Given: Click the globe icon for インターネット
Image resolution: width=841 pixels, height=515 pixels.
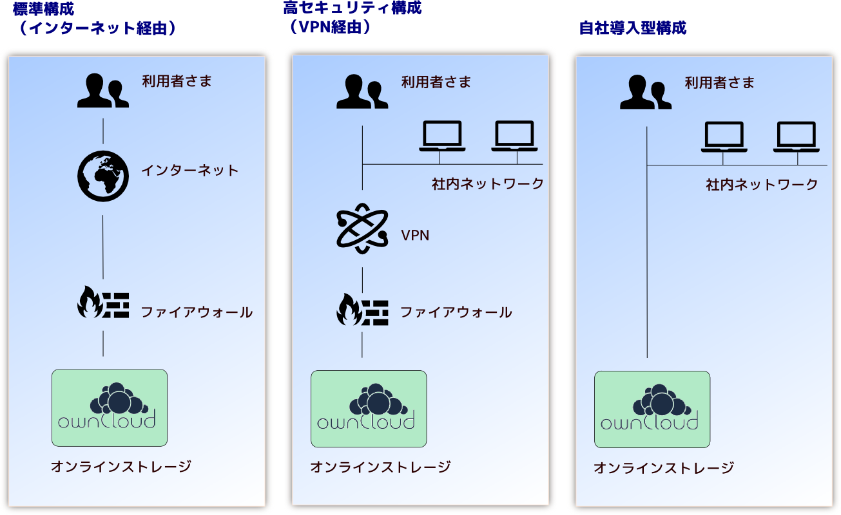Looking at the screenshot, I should point(103,176).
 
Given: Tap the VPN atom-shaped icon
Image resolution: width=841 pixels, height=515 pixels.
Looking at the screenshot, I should point(362,229).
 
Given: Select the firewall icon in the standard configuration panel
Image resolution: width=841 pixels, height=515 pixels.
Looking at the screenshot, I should point(103,302).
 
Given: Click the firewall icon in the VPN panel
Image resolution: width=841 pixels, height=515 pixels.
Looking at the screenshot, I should point(362,310).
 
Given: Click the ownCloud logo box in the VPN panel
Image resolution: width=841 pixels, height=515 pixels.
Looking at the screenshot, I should point(369,409).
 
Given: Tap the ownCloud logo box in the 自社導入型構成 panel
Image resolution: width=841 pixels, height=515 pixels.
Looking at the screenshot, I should point(652,409).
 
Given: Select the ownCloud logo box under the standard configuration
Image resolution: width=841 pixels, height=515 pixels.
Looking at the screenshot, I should point(110,408).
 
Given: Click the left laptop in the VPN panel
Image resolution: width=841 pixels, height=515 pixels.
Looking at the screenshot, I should point(442,136).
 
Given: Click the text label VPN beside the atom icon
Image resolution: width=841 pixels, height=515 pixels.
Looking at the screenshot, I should point(415,236).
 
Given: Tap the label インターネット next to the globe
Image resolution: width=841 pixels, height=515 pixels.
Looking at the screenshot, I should point(190,171).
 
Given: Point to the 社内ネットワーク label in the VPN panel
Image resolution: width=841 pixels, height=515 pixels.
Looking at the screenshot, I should point(488,184).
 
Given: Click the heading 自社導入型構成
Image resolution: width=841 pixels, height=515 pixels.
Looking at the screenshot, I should point(633,28).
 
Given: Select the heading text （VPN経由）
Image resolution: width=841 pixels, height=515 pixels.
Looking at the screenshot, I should point(330,27).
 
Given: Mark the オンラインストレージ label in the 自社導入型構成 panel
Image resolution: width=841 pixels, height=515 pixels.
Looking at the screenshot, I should point(664,468).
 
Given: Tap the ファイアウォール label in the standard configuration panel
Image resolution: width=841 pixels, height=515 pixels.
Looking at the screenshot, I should point(197,313).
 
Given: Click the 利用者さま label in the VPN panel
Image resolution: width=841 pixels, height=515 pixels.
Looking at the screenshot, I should point(436,82).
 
